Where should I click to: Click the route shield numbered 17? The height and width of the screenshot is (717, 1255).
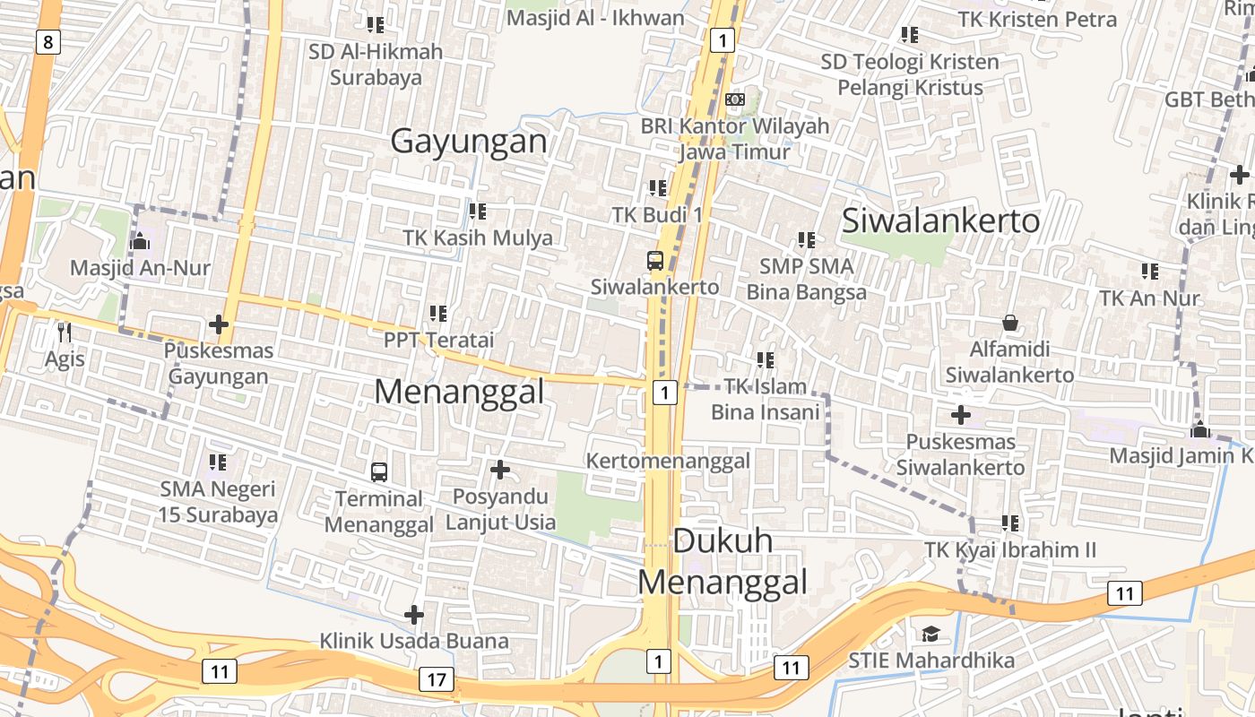point(436,679)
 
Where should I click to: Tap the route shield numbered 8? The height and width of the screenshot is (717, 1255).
point(48,41)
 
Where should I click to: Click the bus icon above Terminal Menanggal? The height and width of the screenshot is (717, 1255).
point(379,471)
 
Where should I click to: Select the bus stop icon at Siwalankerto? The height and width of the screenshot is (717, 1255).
point(655,261)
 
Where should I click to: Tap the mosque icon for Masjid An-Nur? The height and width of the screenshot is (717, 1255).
point(140,241)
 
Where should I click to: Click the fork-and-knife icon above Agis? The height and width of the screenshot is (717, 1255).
point(64,333)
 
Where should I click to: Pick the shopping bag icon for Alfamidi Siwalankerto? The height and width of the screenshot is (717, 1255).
point(1010,323)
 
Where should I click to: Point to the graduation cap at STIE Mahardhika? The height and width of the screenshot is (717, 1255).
point(931,635)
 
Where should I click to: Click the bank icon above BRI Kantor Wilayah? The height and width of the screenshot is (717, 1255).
point(735,99)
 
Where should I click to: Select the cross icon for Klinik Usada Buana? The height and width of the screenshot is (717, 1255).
point(414,615)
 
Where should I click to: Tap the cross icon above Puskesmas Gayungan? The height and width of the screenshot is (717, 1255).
point(219,324)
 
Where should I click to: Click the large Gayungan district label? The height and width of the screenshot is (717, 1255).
point(469,142)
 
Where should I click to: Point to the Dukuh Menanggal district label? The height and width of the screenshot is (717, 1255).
point(723,561)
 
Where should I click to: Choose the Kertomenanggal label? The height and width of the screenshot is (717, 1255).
point(668,461)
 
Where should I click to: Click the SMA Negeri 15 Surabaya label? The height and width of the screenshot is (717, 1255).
point(218,502)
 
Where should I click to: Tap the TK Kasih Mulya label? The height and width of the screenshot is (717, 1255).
point(478,238)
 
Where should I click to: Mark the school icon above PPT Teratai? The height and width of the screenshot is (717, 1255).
point(438,314)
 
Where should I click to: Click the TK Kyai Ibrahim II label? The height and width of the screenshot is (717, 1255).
point(1009,549)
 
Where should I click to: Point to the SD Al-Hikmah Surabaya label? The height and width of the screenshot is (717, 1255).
point(376,65)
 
